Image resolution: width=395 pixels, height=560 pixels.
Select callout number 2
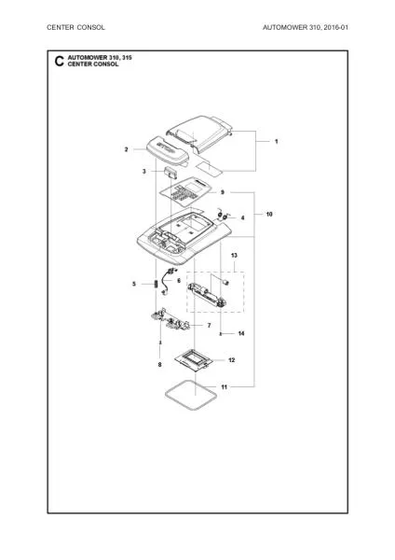[126, 148]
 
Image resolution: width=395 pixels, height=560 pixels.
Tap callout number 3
[144, 172]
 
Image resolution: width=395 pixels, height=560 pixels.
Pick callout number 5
[133, 284]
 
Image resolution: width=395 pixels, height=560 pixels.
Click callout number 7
[209, 325]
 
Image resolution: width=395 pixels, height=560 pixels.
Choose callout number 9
[223, 191]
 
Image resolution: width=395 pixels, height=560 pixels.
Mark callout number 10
[269, 215]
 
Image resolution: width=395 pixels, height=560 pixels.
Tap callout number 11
[224, 385]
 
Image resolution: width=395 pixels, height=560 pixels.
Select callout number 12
[231, 359]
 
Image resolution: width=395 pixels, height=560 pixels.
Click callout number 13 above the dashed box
[235, 255]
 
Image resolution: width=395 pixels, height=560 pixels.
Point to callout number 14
[240, 333]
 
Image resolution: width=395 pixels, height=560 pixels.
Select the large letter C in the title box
[60, 63]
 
